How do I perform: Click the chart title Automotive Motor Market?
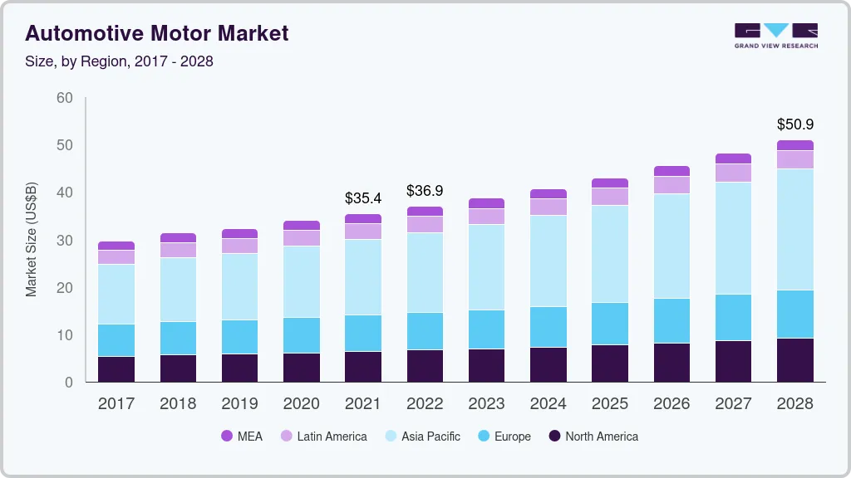coord(157,33)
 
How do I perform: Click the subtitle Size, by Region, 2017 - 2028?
coord(120,61)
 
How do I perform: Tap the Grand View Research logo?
coord(775,35)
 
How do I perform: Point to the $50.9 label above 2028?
coord(794,124)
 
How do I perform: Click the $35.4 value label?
coord(363,198)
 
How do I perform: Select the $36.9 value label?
coord(425,191)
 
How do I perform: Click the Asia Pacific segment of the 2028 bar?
coord(794,229)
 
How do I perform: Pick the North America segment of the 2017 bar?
coord(116,368)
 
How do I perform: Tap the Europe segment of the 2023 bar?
coord(486,329)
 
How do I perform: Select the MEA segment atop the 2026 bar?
coord(671,171)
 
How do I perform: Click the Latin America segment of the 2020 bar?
coord(301,237)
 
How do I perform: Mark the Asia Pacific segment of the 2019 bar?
coord(239,286)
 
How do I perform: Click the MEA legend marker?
coord(227,437)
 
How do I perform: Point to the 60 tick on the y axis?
coord(64,98)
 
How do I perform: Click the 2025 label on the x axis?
coord(609,404)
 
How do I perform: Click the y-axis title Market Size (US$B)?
coord(32,240)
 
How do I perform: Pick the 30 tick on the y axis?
coord(64,241)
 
